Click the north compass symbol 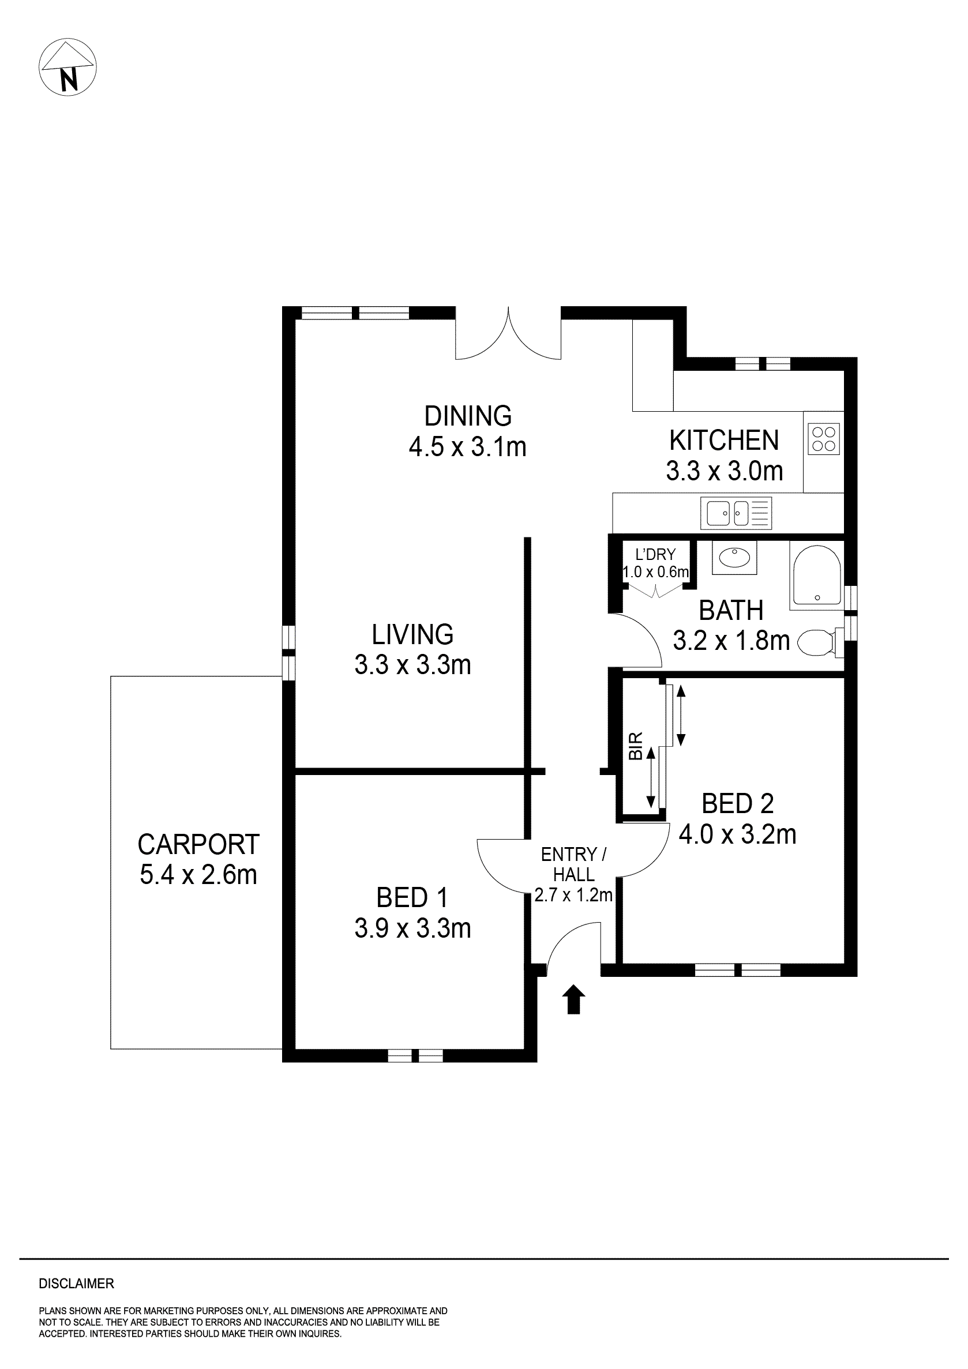tap(67, 67)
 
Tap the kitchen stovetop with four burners tap(824, 439)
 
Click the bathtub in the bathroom tap(816, 575)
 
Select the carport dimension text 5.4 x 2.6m tap(198, 875)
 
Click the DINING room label tap(468, 416)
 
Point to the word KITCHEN tap(723, 441)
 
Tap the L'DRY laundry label tap(655, 555)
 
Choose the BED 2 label tap(737, 804)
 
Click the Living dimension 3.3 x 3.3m tap(412, 665)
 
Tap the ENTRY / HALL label tap(573, 864)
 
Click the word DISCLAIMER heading tap(76, 1284)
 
